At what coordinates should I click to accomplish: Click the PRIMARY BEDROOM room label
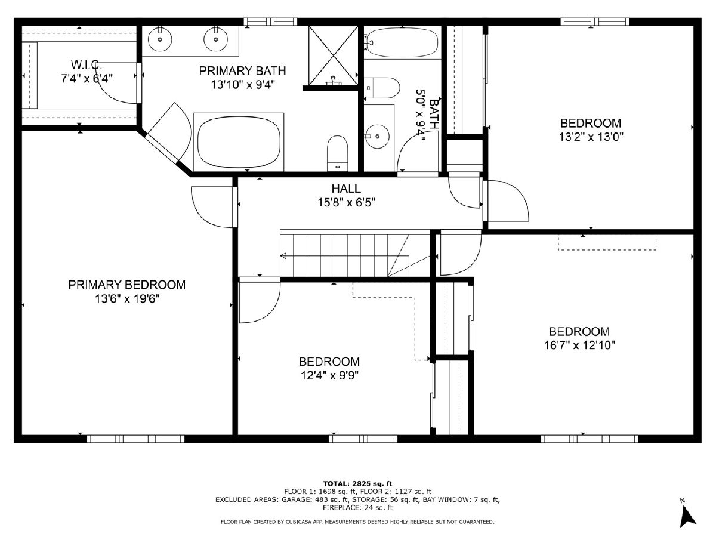[x=126, y=285]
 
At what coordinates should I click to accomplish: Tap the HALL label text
[x=346, y=189]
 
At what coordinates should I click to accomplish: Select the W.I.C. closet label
[x=87, y=64]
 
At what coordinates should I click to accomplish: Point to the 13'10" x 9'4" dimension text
[x=243, y=85]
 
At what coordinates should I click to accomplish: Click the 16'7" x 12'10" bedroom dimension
[x=579, y=345]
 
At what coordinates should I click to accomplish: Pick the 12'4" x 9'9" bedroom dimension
[x=329, y=375]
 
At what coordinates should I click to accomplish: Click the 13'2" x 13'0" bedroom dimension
[x=591, y=137]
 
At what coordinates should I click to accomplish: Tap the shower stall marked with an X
[x=333, y=55]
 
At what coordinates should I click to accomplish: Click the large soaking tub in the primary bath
[x=239, y=142]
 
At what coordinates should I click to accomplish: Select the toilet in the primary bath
[x=337, y=153]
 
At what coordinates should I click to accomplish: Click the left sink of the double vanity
[x=160, y=39]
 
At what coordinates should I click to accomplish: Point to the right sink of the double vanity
[x=215, y=39]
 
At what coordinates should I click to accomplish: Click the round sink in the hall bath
[x=377, y=136]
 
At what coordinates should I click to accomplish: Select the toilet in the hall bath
[x=382, y=88]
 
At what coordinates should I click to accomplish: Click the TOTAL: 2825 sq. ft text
[x=357, y=483]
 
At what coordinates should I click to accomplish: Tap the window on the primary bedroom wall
[x=135, y=439]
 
